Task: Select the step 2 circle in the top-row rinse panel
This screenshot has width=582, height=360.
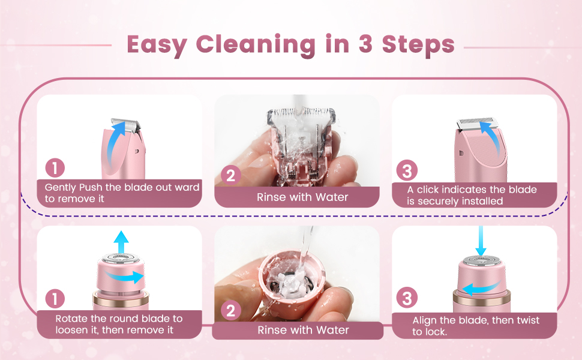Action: point(231,176)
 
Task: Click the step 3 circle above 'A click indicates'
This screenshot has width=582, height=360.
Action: point(407,171)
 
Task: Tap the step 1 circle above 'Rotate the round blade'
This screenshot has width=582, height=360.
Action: point(55,298)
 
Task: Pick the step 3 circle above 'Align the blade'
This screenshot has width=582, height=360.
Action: point(407,298)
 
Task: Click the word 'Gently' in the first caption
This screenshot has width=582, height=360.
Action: point(61,187)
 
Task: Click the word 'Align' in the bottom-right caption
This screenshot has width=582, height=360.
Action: point(425,320)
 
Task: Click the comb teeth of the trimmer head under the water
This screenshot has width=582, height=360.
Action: point(298,113)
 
